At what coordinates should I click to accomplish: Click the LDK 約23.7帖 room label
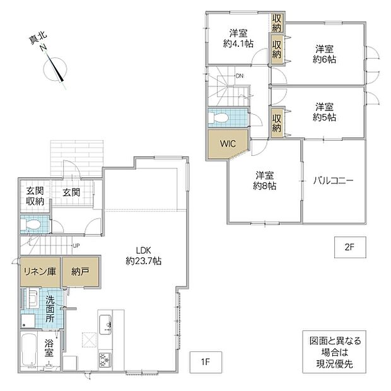(144, 255)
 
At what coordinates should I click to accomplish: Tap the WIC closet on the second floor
(228, 144)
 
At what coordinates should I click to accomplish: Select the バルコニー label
(333, 180)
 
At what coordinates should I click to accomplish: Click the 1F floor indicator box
(206, 362)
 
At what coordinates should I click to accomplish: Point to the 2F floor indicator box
(350, 247)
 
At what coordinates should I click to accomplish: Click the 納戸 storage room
(80, 272)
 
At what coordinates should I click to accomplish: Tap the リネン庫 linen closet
(40, 272)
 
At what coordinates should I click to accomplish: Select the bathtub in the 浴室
(29, 350)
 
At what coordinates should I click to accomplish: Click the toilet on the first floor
(30, 225)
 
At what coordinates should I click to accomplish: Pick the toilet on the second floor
(218, 117)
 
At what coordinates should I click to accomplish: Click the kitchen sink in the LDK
(105, 325)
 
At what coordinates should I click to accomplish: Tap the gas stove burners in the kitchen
(105, 360)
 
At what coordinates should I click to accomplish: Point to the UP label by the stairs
(76, 245)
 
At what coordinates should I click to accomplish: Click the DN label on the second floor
(240, 76)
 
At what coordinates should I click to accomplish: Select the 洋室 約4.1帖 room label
(238, 38)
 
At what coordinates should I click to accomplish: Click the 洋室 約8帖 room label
(265, 181)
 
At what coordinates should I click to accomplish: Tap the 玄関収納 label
(35, 196)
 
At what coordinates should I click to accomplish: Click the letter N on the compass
(44, 47)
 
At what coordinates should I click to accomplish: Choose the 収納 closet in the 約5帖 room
(277, 123)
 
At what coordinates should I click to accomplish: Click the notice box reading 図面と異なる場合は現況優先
(334, 352)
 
